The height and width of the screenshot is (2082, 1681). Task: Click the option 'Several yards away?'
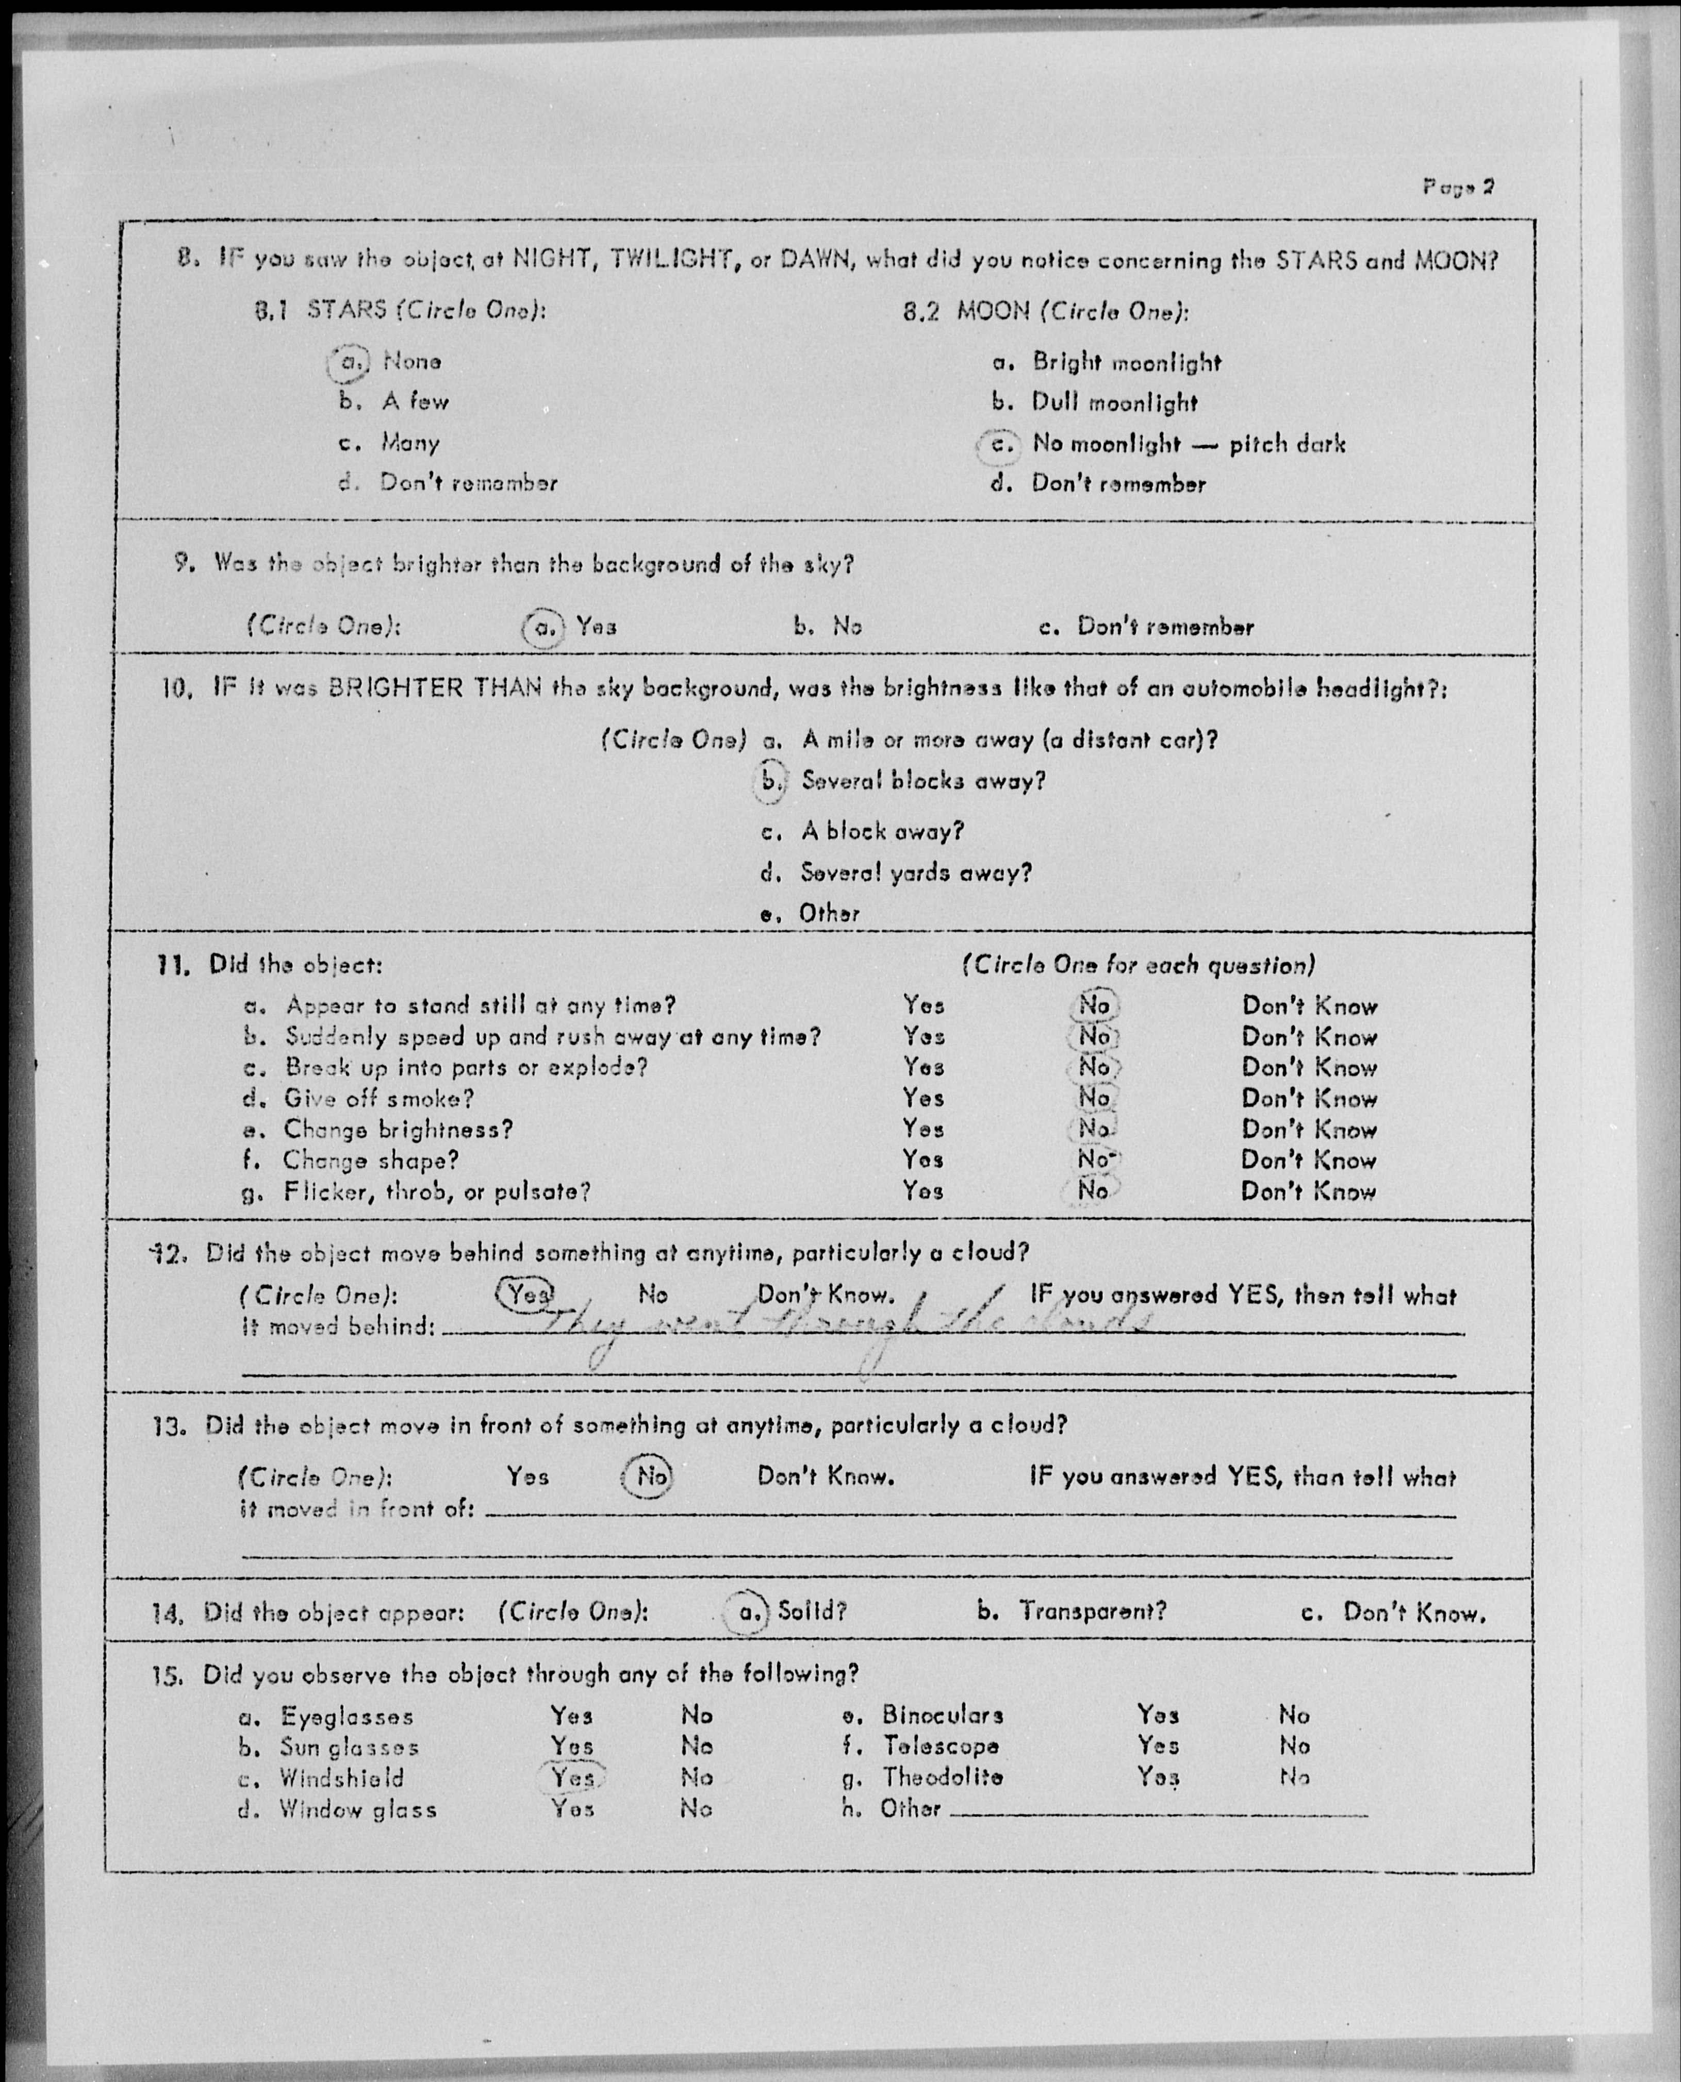point(915,873)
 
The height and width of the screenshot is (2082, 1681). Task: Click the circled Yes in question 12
point(524,1294)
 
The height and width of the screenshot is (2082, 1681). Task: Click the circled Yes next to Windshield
point(572,1777)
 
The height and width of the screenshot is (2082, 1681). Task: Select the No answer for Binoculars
point(1294,1715)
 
